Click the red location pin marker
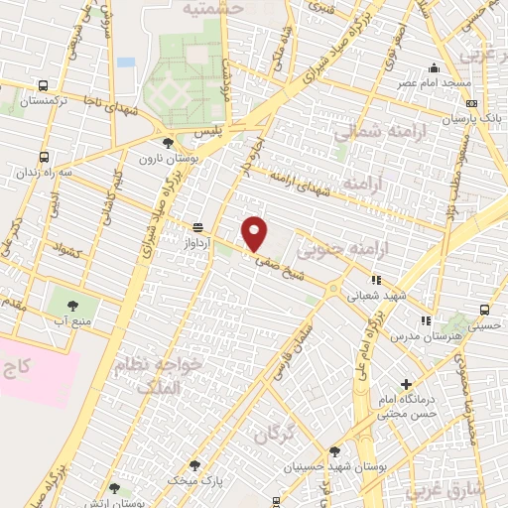[x=256, y=233]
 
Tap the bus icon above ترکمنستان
[x=44, y=85]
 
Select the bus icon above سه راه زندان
[x=44, y=156]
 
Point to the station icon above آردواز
[x=198, y=225]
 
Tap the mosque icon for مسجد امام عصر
[x=434, y=68]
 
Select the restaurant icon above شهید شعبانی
[x=376, y=280]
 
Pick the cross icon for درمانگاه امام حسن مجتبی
[x=405, y=384]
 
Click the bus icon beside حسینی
[x=485, y=308]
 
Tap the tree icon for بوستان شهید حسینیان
[x=333, y=450]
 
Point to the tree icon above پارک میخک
[x=193, y=464]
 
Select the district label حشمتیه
[x=212, y=8]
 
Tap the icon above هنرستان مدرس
[x=426, y=320]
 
